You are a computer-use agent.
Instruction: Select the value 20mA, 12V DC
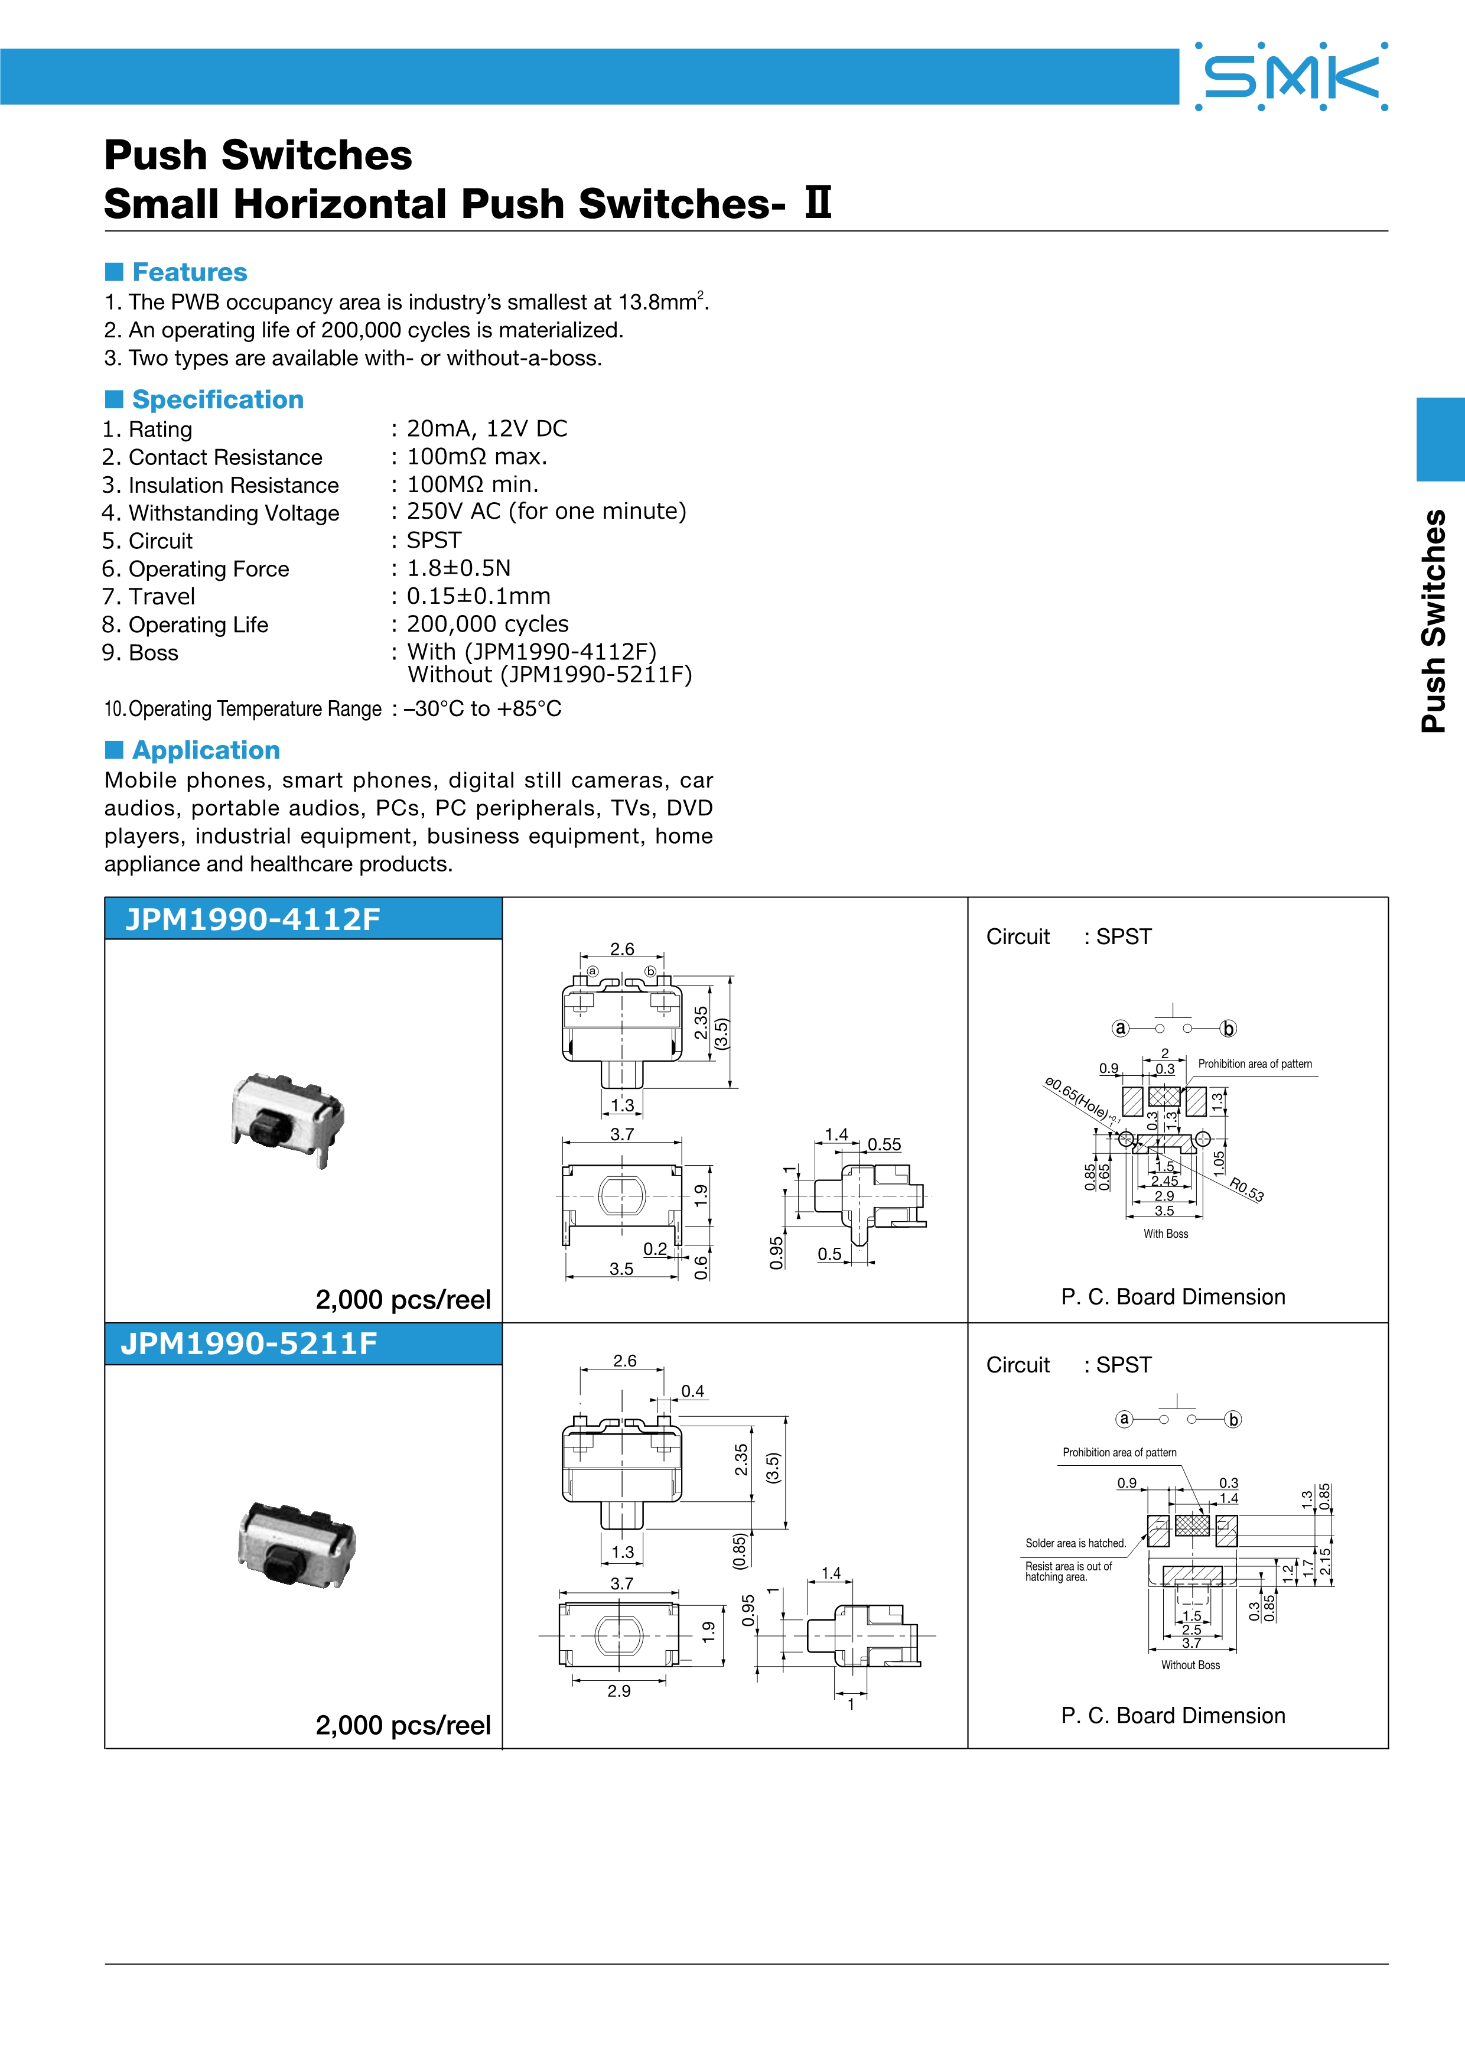487,429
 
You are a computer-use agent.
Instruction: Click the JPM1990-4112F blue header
303,919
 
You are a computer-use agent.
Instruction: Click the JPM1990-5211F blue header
303,1344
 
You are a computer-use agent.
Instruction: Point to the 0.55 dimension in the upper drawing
884,1144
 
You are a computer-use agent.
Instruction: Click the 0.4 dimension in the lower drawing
693,1391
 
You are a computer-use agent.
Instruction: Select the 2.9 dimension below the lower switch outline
619,1691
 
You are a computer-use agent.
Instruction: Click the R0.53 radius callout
1246,1190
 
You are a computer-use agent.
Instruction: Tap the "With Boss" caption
1166,1234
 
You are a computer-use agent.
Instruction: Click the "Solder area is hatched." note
1075,1543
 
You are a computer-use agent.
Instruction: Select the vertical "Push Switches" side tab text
1434,621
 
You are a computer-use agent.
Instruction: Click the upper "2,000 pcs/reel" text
403,1300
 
